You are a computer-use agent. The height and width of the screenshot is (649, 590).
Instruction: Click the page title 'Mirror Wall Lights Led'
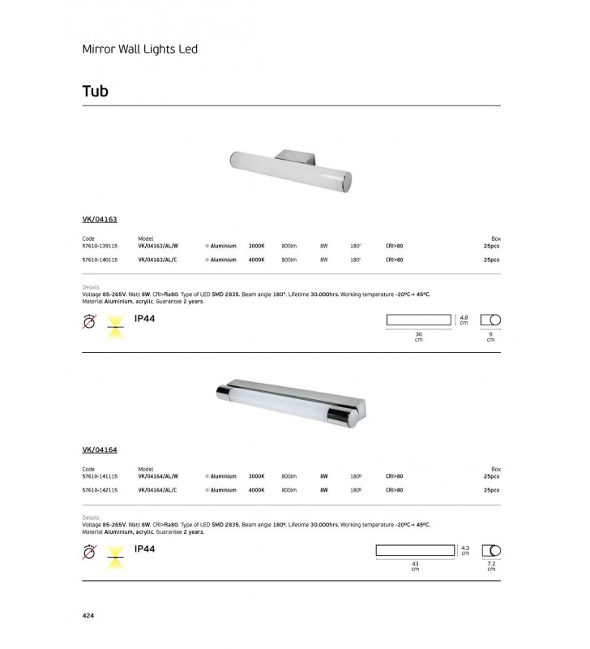tap(140, 49)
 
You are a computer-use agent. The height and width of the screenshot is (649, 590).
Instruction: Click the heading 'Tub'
tap(95, 91)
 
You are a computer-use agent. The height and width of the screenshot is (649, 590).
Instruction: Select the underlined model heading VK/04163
tap(100, 219)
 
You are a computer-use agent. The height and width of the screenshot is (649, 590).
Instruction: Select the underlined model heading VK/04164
tap(100, 449)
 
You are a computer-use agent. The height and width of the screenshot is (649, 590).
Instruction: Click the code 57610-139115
tap(100, 246)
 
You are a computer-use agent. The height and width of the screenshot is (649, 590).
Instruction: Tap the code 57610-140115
tap(100, 260)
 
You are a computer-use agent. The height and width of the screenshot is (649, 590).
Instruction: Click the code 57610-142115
tap(100, 490)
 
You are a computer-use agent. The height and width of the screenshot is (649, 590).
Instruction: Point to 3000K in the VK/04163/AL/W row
tap(256, 246)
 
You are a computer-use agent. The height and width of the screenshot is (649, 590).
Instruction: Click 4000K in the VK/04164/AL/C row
tap(256, 490)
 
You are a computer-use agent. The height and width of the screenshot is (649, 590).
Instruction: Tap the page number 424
tap(89, 617)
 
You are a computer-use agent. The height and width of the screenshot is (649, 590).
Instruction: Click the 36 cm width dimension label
tap(419, 337)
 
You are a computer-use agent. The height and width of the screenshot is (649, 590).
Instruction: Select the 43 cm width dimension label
tap(414, 566)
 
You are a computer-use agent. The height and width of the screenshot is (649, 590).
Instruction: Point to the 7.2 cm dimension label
tap(490, 566)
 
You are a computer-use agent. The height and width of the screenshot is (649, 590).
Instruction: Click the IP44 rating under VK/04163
tap(144, 319)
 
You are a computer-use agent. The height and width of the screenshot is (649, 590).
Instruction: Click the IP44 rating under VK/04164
tap(144, 549)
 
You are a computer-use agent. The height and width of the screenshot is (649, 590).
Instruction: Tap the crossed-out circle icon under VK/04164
tap(90, 552)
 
